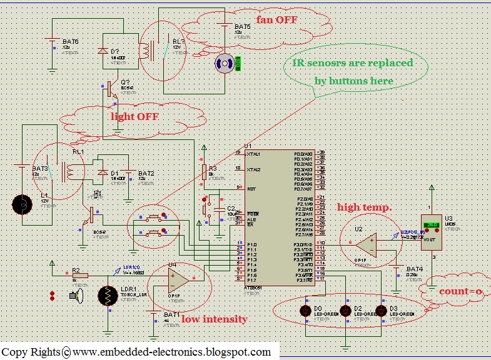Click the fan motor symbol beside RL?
pos(224,62)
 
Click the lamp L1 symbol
pos(23,203)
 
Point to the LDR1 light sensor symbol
pos(108,296)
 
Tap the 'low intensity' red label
pos(214,319)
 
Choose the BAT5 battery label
pos(242,27)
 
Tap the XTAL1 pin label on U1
pos(254,153)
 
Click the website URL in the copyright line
pos(172,352)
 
